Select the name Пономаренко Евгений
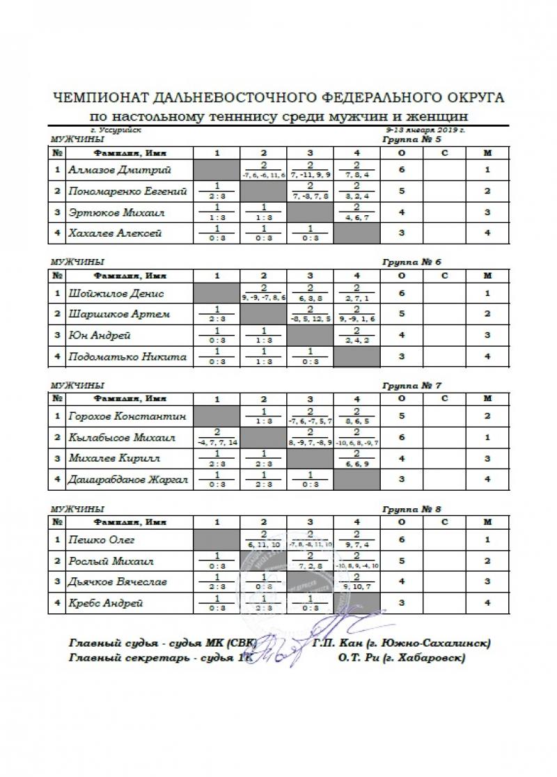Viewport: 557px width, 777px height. point(128,191)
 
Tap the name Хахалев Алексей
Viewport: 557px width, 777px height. point(115,233)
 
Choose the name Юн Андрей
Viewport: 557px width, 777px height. point(98,336)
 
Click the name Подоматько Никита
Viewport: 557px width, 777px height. point(127,356)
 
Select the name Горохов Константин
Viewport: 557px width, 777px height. point(127,417)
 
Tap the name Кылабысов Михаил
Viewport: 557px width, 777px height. point(122,438)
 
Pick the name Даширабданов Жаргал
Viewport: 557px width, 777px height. point(129,480)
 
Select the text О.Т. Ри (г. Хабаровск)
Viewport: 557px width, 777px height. point(400,658)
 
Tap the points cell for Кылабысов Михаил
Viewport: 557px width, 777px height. point(402,438)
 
